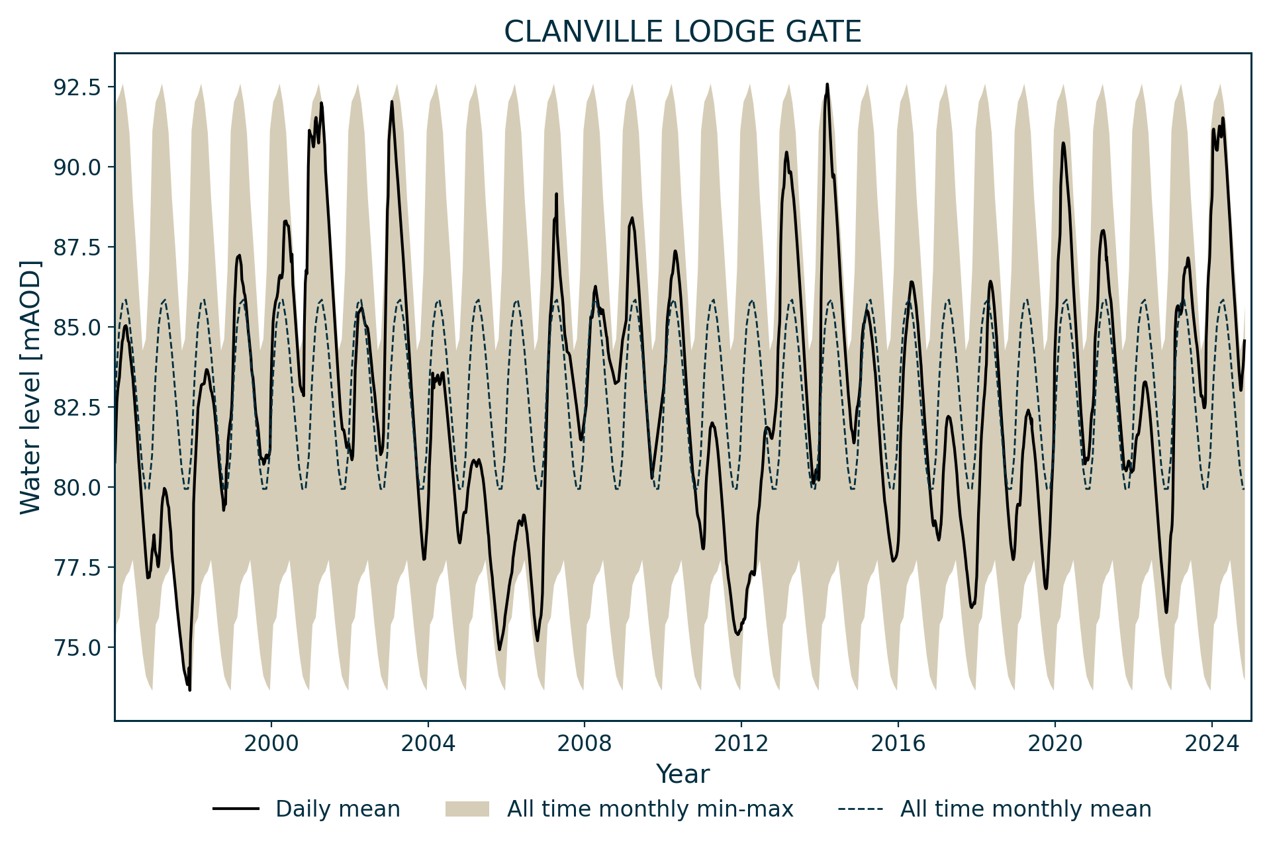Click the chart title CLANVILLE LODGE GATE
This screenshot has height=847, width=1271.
tap(683, 32)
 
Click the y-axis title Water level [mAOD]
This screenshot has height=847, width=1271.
tap(30, 387)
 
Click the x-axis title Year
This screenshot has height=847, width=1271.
tap(683, 774)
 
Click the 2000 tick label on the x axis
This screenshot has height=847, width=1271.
tap(271, 743)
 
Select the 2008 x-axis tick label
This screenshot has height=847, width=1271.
tap(585, 743)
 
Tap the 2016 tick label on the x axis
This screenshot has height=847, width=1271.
tap(898, 743)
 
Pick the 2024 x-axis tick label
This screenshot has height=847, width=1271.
tap(1211, 743)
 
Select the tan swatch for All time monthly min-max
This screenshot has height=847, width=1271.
tap(467, 809)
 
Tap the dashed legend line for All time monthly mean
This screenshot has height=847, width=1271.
tap(860, 809)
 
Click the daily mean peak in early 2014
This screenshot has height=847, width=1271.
tap(827, 85)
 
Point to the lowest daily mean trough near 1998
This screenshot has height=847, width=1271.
tap(190, 690)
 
